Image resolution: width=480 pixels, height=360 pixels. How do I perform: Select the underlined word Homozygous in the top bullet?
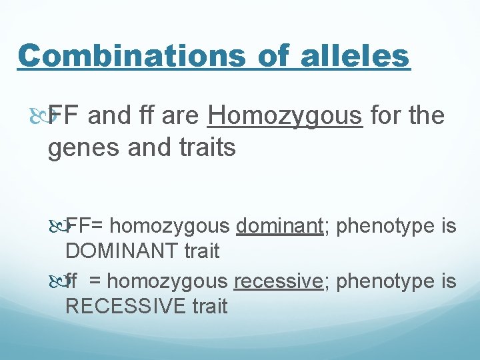pos(285,116)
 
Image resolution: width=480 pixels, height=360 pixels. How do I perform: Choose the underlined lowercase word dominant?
pos(279,227)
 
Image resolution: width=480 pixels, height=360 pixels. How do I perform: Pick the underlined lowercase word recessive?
pos(279,282)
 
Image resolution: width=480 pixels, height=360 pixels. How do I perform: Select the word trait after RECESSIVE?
pos(206,306)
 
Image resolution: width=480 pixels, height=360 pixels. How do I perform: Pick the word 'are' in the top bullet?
pos(181,116)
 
